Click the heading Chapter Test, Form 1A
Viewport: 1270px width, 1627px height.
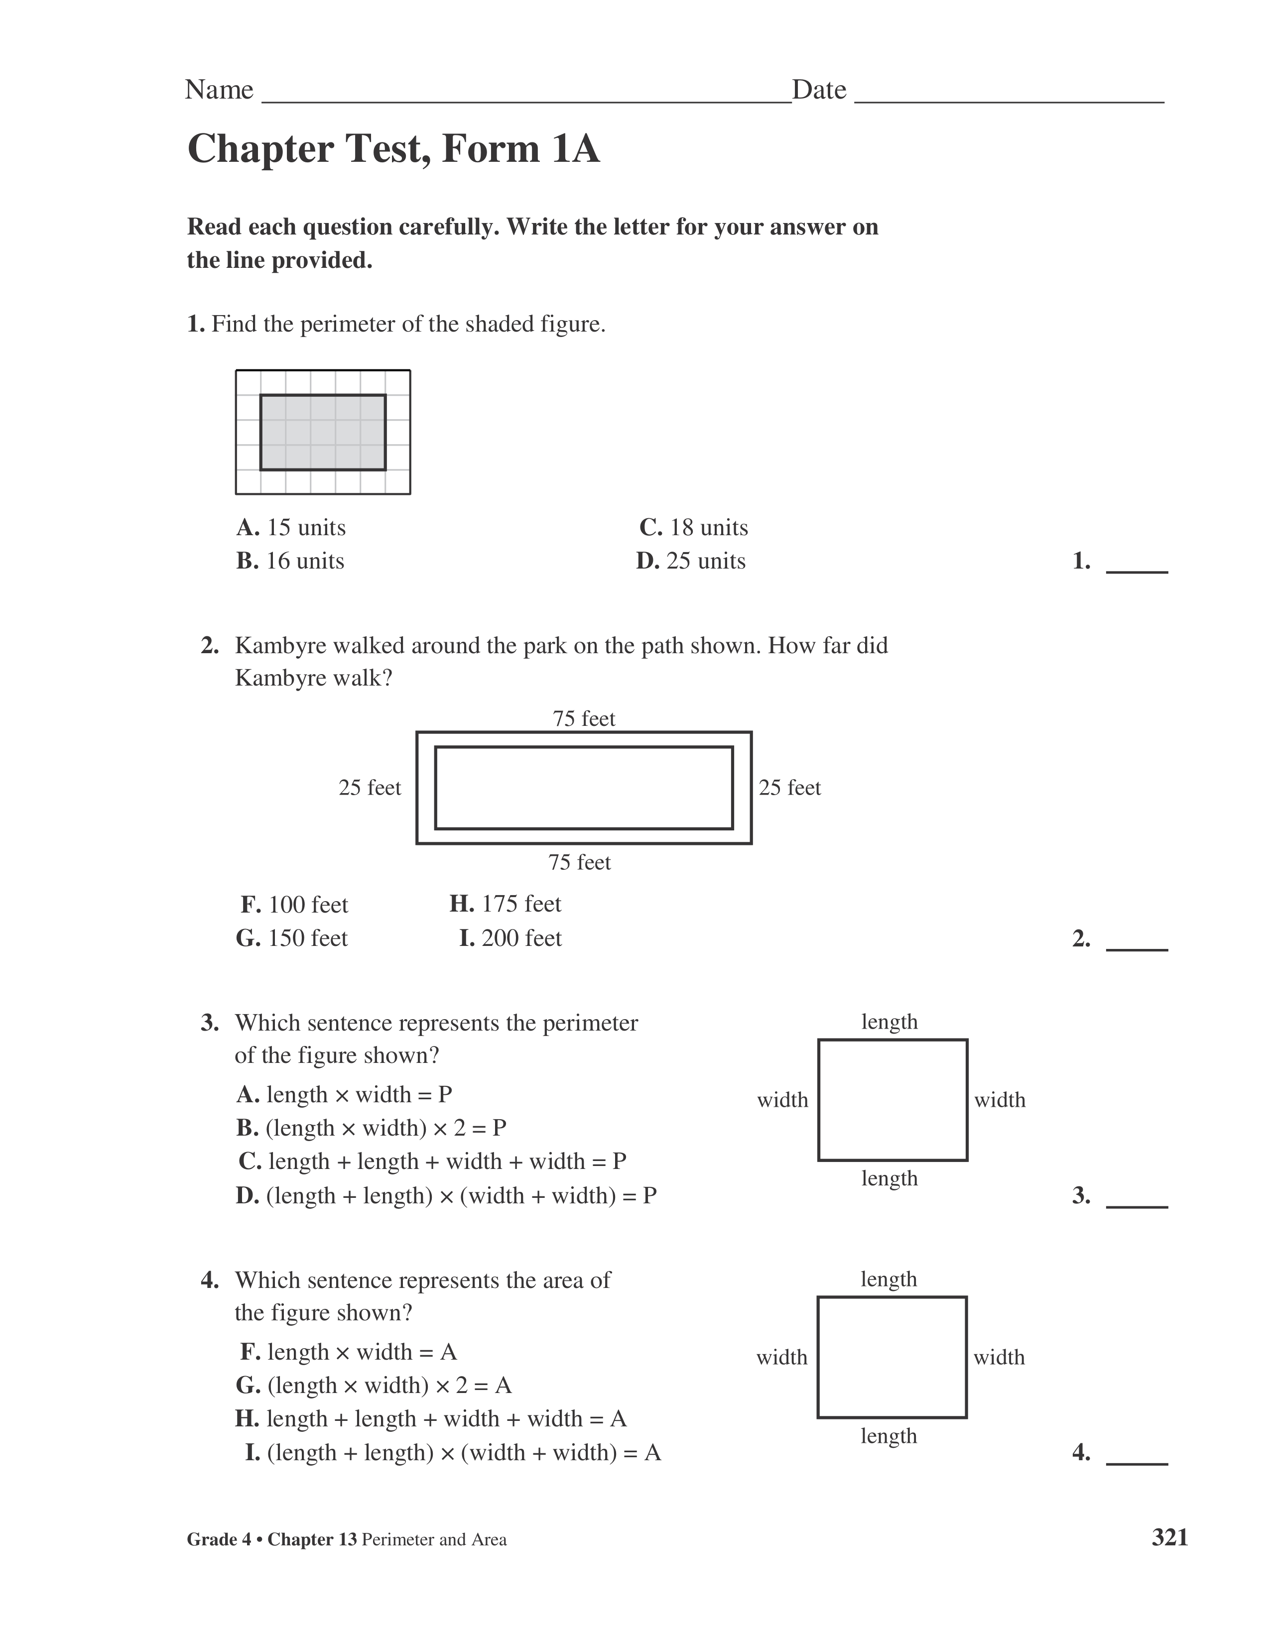coord(393,149)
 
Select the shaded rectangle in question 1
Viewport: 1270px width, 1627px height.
coord(323,432)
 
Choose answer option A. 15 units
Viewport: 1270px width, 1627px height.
coord(291,527)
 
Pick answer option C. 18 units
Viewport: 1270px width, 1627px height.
coord(693,527)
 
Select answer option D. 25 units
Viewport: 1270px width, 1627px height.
coord(690,561)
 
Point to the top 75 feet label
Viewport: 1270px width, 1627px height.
coord(584,719)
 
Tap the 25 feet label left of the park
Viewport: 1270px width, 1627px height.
coord(370,788)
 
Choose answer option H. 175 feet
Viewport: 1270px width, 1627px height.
coord(506,904)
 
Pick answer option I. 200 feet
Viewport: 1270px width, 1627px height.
coord(510,938)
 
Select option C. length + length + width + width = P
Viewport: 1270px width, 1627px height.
coord(432,1162)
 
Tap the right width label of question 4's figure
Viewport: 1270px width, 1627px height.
coord(999,1357)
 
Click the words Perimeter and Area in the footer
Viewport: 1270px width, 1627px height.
coord(434,1540)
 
